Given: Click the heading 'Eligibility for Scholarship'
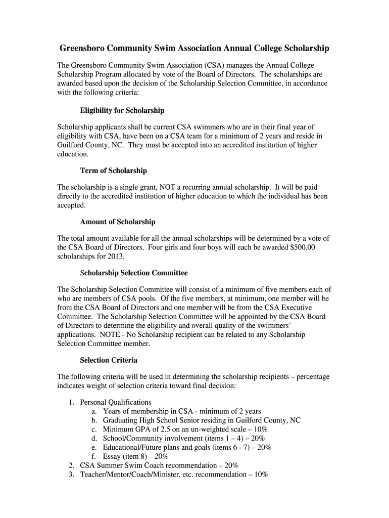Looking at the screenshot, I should coord(122,110).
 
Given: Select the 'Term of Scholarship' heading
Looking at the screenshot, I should coord(113,170).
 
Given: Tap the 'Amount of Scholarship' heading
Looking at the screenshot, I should coord(117,222).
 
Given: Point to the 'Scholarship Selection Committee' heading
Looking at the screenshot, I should coord(133,273).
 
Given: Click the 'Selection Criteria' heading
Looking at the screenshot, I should coord(109,360).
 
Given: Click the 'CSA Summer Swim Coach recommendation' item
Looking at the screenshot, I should coord(159,465).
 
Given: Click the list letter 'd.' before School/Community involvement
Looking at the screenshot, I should coord(94,438).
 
